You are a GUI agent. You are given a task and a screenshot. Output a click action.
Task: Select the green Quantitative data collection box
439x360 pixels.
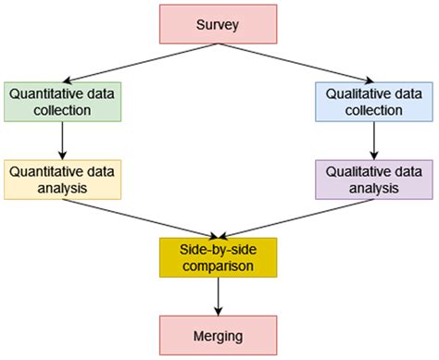tap(61, 102)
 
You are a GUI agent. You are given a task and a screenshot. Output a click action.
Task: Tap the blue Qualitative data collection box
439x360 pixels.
tap(373, 102)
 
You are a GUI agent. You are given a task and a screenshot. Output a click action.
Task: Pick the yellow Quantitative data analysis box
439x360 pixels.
tap(61, 179)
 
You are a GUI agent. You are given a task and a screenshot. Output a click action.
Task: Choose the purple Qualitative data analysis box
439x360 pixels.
tap(373, 179)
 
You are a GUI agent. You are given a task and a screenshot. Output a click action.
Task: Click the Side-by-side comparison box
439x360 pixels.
tap(218, 256)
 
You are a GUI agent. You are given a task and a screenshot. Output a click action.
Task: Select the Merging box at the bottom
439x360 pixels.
tap(218, 334)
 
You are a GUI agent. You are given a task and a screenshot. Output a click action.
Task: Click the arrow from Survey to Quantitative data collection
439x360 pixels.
tap(139, 63)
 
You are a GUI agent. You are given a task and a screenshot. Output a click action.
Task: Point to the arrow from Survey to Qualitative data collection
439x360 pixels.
tap(296, 63)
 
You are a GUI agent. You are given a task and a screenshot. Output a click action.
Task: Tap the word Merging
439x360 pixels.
tap(218, 334)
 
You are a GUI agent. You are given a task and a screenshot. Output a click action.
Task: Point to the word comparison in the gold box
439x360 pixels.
tap(218, 265)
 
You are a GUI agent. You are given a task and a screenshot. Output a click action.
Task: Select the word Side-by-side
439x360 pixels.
tap(218, 248)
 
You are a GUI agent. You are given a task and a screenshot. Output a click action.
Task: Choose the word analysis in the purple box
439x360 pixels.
tap(373, 187)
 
